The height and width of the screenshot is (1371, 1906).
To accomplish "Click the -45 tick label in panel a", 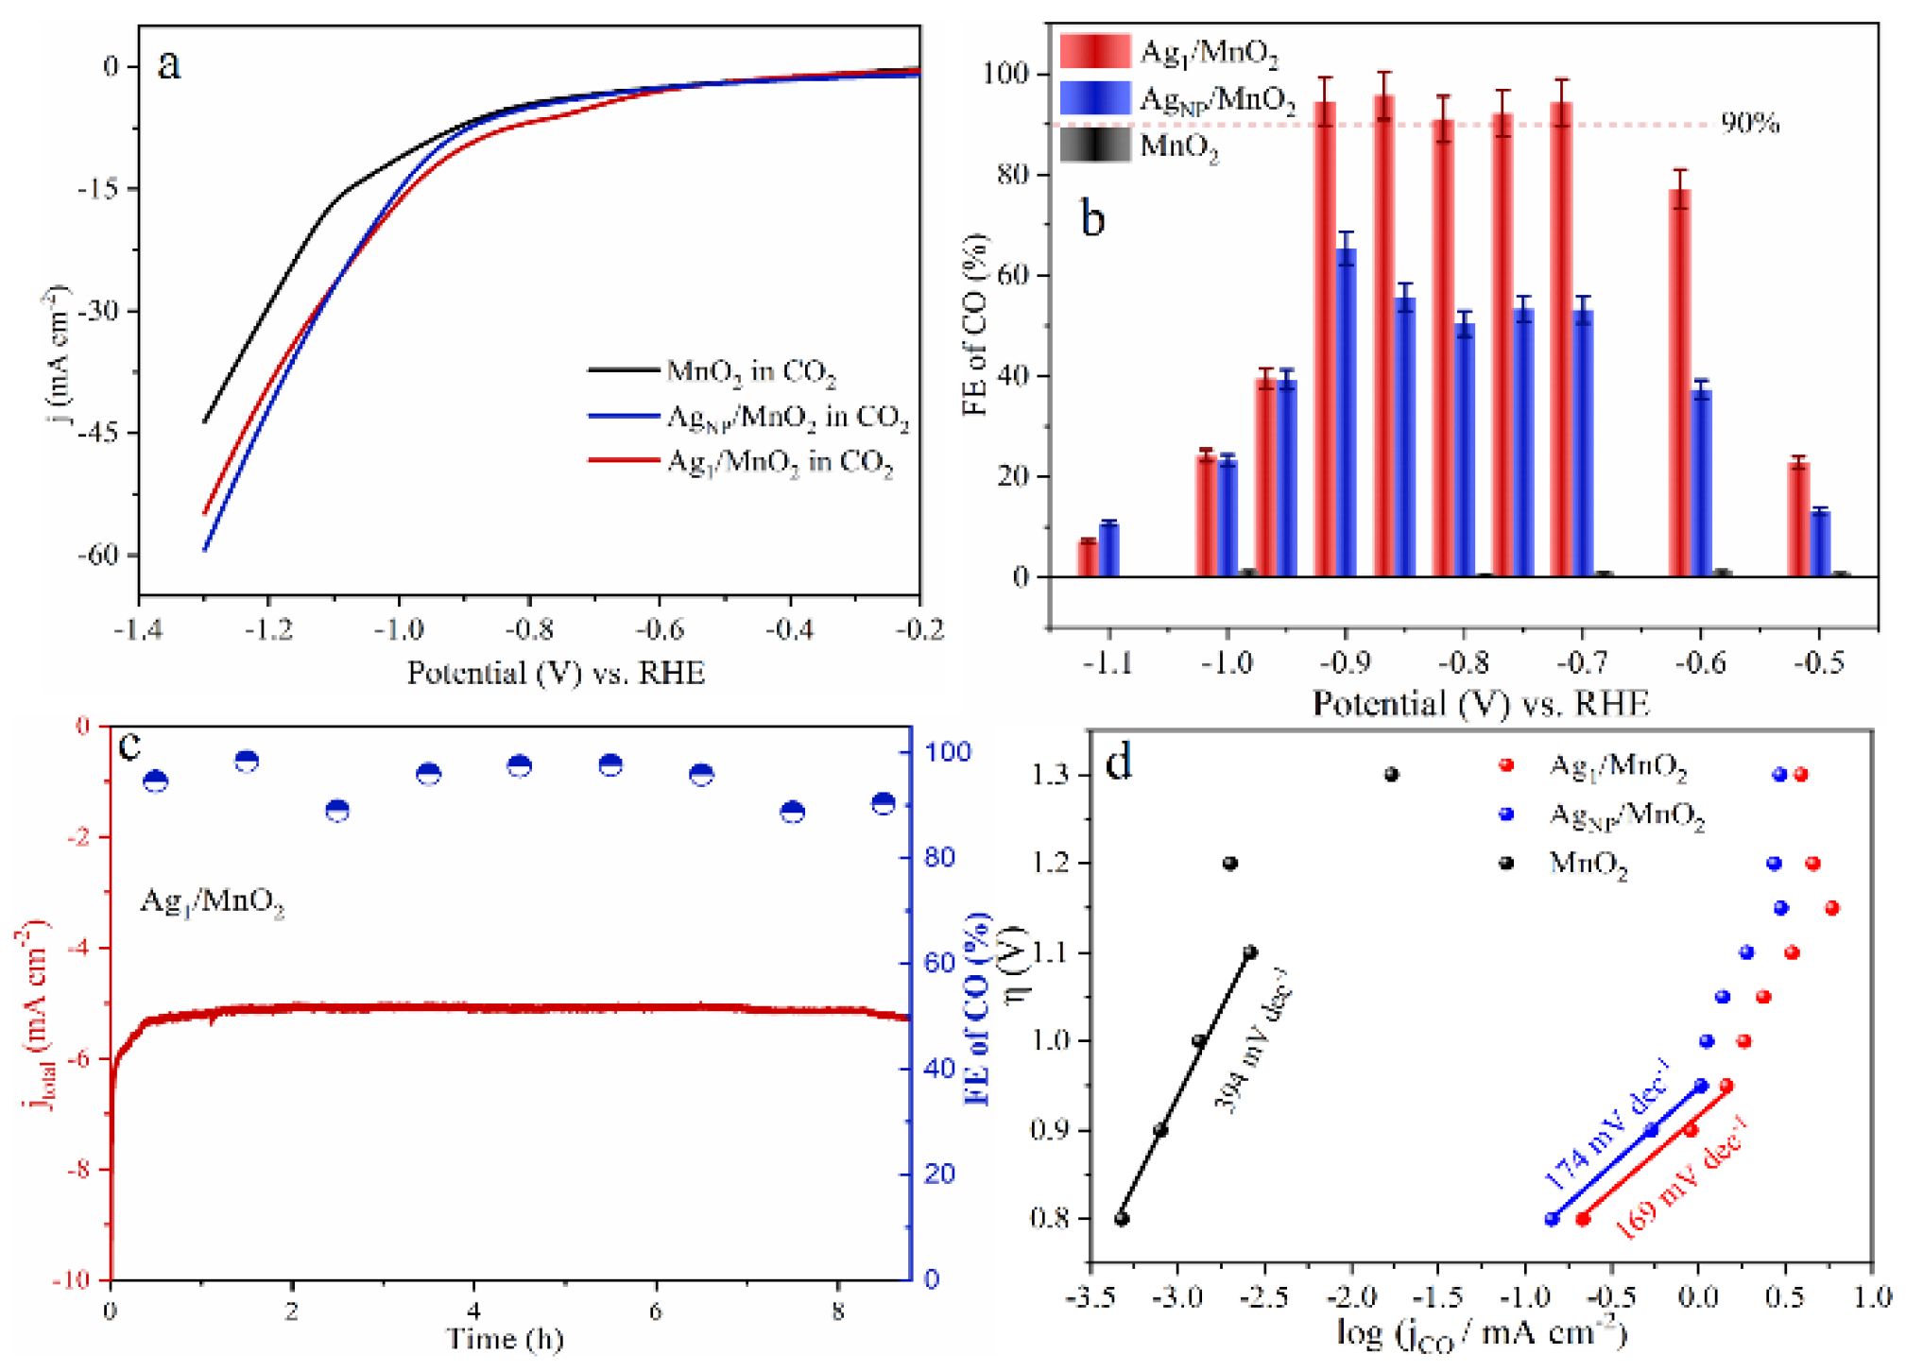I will (99, 433).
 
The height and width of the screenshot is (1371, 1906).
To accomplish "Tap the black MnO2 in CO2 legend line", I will (623, 369).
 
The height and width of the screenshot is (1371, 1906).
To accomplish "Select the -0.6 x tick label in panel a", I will (659, 629).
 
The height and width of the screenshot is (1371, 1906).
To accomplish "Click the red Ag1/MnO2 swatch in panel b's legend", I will (1093, 50).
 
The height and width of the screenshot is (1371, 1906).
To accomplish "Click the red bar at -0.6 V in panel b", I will (1678, 383).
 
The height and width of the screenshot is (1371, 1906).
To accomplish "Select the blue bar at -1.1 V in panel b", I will (1108, 549).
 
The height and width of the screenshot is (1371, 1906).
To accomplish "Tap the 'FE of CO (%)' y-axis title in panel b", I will (975, 325).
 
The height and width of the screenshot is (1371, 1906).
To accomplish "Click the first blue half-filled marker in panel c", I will (156, 780).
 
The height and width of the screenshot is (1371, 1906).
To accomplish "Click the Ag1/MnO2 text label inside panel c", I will (212, 901).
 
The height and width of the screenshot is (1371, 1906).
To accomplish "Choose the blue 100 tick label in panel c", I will (947, 751).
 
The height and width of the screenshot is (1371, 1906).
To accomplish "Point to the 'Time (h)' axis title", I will (505, 1339).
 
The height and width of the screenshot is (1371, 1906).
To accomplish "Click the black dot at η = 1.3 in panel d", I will (1391, 775).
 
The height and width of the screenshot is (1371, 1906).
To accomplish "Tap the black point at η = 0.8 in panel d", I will (1122, 1219).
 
